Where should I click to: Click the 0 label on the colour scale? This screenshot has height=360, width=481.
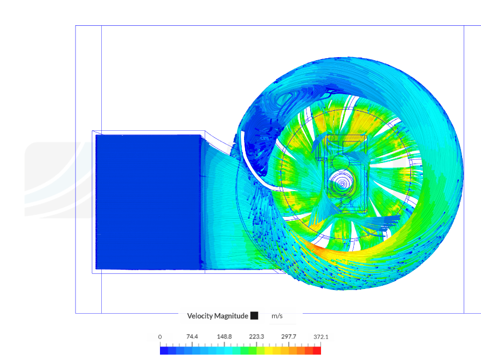(160, 337)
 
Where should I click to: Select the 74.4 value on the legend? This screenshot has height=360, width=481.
(192, 337)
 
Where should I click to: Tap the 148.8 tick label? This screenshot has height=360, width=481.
(224, 337)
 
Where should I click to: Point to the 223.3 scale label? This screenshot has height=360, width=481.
(256, 337)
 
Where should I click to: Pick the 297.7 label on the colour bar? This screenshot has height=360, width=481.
(289, 337)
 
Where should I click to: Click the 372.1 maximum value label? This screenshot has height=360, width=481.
(321, 337)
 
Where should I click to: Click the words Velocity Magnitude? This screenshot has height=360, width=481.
(218, 316)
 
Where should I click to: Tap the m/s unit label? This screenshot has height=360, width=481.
(277, 316)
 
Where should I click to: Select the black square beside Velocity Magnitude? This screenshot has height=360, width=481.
(254, 315)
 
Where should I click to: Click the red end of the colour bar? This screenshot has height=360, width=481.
(317, 350)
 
